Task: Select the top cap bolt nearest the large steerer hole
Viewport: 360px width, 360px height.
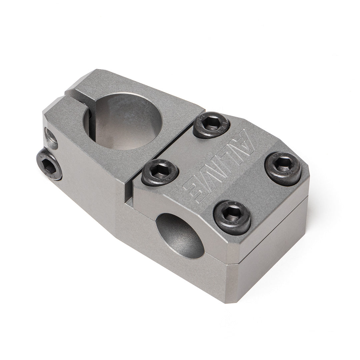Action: point(211,125)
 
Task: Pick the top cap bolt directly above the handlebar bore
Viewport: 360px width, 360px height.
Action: point(232,218)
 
